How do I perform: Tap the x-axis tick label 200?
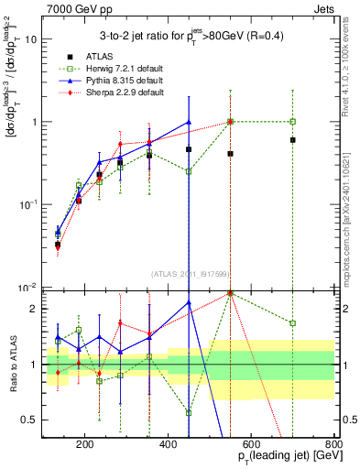(84, 446)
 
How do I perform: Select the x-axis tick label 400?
(168, 446)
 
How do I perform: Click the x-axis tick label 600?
(251, 446)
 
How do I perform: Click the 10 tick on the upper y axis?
(30, 39)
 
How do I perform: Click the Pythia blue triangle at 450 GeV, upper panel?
(189, 122)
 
